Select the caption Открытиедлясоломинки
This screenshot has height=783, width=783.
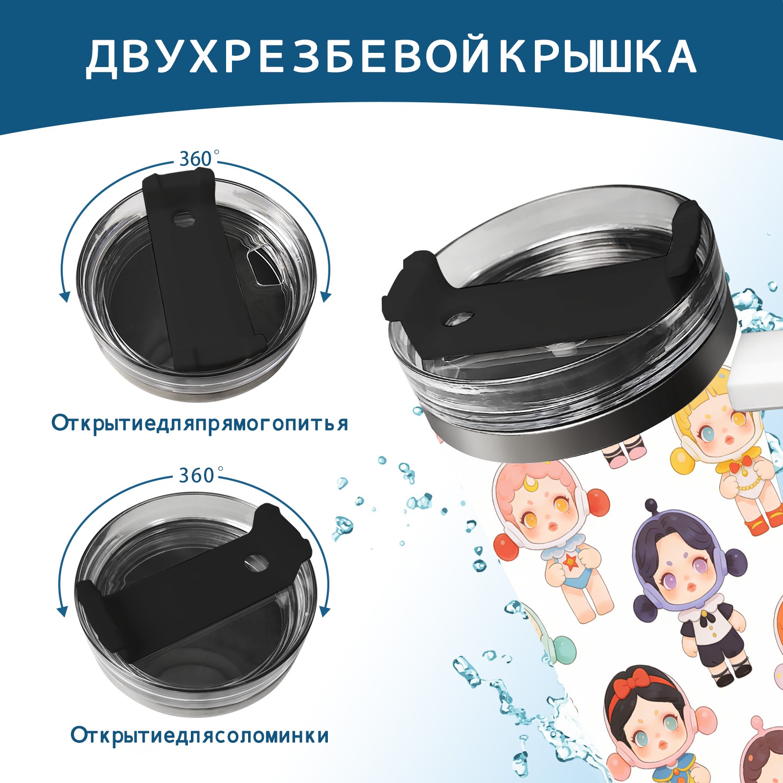pos(200,736)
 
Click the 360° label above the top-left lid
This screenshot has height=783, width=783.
pos(198,159)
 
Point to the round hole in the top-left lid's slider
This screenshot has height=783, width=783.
pos(184,218)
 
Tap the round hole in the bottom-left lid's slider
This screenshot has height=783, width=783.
pos(256,562)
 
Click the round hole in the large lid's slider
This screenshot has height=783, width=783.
pos(460,319)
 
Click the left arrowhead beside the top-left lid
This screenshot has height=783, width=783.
pos(64,297)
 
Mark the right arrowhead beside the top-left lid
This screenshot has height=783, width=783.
pos(326,297)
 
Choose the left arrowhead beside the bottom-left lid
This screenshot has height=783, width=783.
pos(62,611)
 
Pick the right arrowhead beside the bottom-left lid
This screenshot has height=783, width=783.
pos(324,611)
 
